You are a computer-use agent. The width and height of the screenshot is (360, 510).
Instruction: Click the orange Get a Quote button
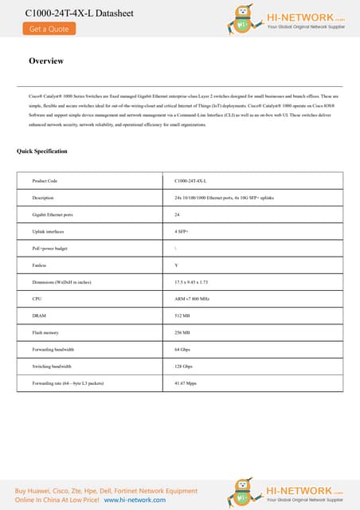tap(49, 29)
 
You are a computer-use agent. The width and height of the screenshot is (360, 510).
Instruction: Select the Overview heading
tap(45, 61)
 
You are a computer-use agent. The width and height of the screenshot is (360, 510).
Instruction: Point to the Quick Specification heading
tap(42, 151)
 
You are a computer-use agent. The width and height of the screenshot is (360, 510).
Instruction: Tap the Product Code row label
tap(45, 181)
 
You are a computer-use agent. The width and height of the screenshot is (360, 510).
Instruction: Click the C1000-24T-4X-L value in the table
tap(190, 181)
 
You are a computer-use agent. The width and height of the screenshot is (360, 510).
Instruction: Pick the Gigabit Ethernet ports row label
tap(53, 214)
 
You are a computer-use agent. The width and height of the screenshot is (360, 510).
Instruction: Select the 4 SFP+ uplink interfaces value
tap(182, 231)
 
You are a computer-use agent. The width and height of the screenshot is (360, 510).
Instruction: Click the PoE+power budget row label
tap(50, 248)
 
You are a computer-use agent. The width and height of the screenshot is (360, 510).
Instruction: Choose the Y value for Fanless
tap(176, 265)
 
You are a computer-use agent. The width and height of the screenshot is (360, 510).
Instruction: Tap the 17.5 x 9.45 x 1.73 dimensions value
tap(191, 282)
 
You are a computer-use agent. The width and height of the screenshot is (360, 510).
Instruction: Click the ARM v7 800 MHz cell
tap(192, 299)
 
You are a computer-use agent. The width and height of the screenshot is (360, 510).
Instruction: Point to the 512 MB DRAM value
tap(182, 316)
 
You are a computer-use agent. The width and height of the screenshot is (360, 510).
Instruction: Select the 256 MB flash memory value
tap(182, 332)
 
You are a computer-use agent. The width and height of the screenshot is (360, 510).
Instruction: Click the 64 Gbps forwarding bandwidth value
tap(182, 349)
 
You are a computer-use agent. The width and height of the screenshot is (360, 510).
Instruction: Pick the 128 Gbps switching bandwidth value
tap(184, 367)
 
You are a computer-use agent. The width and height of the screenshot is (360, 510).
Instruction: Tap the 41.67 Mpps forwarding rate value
tap(186, 383)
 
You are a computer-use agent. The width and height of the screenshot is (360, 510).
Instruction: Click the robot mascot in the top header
tap(243, 19)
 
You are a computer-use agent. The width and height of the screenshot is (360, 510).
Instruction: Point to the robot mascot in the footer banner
tap(243, 491)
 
